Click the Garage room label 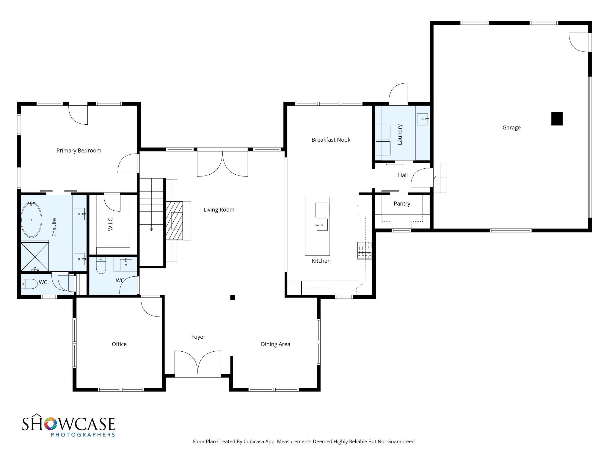coord(511,128)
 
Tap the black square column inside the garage coord(557,119)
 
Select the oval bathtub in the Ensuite coord(32,220)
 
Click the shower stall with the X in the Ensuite coord(35,257)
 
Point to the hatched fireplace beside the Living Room coord(174,220)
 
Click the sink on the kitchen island coord(322,225)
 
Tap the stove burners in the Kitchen coord(365,250)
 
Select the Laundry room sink coord(423,119)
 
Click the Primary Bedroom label coord(79,151)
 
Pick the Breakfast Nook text coord(331,140)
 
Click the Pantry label coord(402,204)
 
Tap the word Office coord(119,344)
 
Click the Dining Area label coord(275,344)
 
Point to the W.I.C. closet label coord(110,224)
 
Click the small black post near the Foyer coord(233,298)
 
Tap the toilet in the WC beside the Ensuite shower coord(29,284)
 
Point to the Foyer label coord(198,337)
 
